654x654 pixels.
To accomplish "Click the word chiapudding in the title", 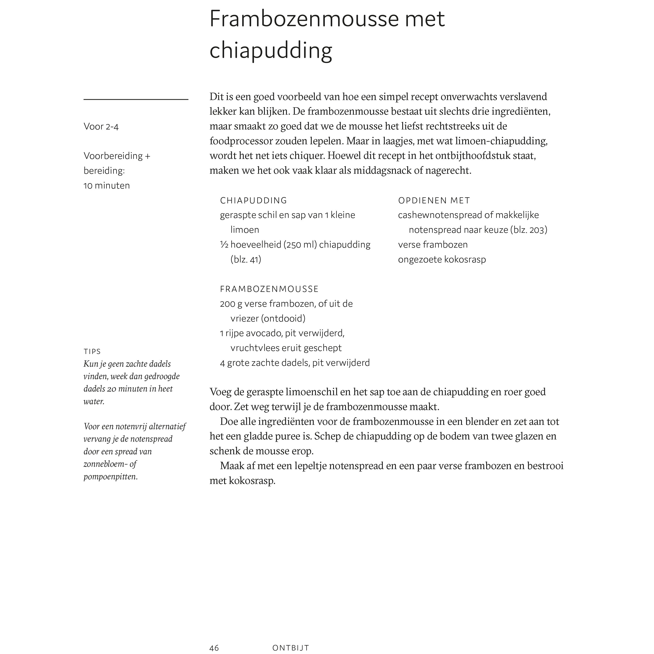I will (x=271, y=51).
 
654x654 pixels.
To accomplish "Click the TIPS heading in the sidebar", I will (x=92, y=351).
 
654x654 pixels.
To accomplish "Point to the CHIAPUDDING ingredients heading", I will (x=253, y=200).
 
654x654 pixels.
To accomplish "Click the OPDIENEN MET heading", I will (x=434, y=200).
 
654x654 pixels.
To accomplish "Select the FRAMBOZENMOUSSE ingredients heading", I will (x=269, y=289).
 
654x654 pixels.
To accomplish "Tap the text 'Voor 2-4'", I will (x=101, y=127).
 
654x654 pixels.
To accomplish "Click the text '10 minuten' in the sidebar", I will (x=107, y=186).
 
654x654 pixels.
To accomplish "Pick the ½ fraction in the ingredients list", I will (x=224, y=244).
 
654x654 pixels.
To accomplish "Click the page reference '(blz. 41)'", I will (x=246, y=259).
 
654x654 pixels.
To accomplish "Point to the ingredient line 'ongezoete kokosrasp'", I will (x=442, y=259).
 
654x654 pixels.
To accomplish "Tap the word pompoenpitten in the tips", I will (x=110, y=477).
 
